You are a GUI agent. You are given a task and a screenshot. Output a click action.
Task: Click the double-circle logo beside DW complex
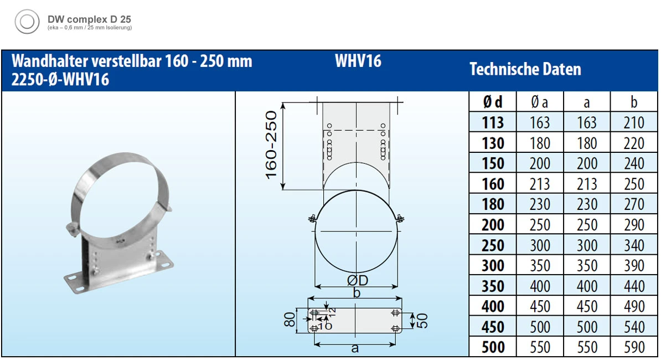tap(27, 22)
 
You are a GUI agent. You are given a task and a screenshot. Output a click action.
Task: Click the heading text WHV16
tap(358, 61)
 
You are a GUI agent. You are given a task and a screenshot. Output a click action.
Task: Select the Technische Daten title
tap(525, 69)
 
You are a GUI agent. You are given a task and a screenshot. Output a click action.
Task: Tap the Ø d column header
tap(492, 102)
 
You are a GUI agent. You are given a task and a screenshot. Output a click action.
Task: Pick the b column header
tap(634, 102)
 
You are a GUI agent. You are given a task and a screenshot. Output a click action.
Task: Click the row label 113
tap(492, 122)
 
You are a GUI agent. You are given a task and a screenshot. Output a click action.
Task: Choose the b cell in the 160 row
tap(634, 184)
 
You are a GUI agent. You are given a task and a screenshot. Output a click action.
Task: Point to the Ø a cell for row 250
tap(539, 245)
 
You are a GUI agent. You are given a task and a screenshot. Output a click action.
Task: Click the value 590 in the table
tap(634, 347)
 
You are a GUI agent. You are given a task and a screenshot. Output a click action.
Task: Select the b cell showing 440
tap(634, 286)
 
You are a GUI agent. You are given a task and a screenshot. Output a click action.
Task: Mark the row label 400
tap(492, 306)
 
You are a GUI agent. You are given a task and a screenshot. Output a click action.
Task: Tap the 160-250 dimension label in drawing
tap(271, 145)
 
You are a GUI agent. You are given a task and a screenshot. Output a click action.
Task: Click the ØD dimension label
tap(357, 281)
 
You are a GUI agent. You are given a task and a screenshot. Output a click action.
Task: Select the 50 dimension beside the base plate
tap(423, 320)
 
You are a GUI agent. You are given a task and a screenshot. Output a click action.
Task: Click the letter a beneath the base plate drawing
tap(355, 348)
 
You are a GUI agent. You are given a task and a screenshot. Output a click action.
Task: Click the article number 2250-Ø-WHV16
tap(60, 80)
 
